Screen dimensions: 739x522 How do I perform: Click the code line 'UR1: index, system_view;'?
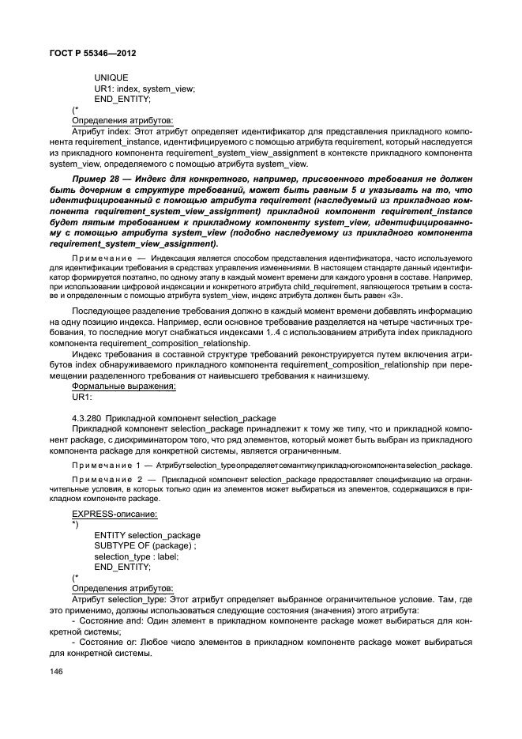point(145,89)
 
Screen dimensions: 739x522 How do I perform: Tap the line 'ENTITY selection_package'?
point(147,535)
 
